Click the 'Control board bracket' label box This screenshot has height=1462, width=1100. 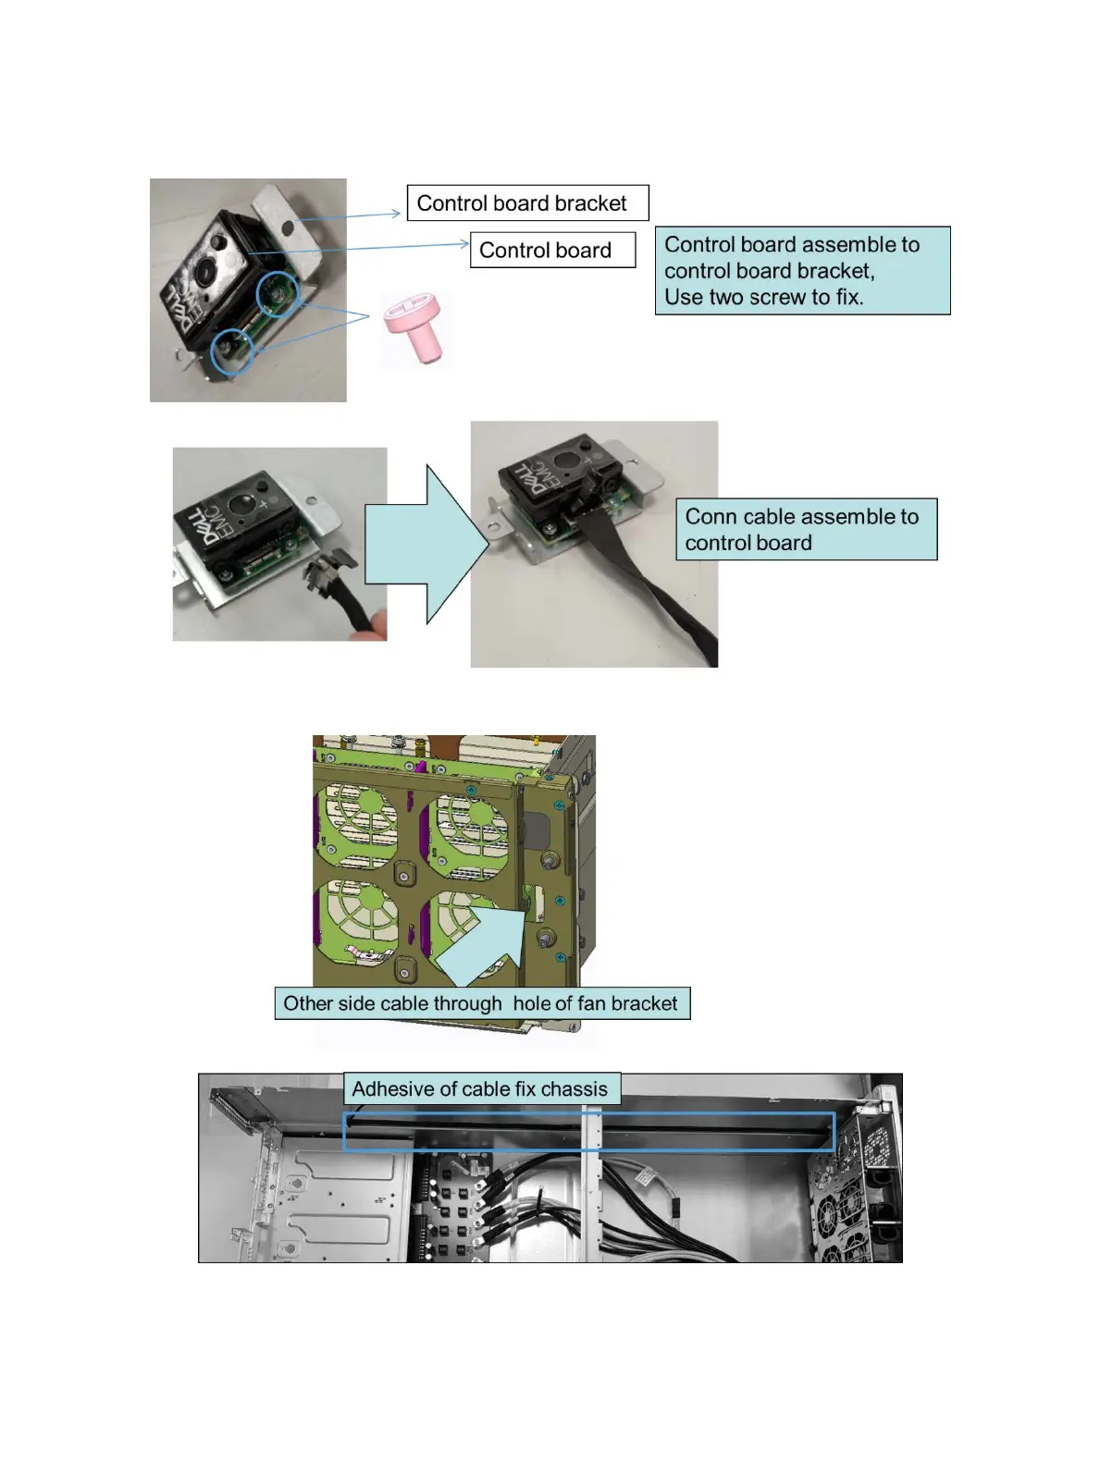(x=527, y=203)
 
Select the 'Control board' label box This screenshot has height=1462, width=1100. (x=552, y=250)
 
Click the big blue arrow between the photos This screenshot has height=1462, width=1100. (x=426, y=544)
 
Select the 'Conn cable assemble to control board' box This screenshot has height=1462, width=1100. (x=806, y=529)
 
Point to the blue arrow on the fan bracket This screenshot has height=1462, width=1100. (x=486, y=945)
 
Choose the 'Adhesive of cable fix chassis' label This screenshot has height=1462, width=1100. (x=480, y=1088)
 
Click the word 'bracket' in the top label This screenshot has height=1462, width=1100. (x=590, y=203)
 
